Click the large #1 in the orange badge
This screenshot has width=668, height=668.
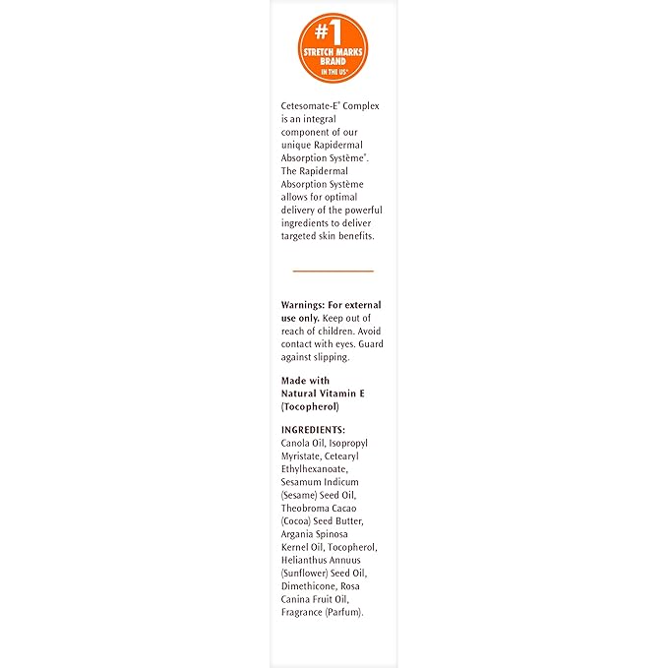coord(333,30)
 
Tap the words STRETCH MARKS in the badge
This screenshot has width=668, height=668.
coord(333,54)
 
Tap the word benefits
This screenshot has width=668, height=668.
coord(352,237)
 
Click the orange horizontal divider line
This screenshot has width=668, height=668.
coord(333,271)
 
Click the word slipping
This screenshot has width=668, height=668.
coord(328,358)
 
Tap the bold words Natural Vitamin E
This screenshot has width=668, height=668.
coord(323,393)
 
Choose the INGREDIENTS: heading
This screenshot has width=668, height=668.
coord(313,430)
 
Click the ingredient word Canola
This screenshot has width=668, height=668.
coord(297,444)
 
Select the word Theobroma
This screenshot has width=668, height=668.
coord(305,509)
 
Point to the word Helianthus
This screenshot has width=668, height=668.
coord(306,560)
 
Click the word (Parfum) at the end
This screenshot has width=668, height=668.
coord(344,612)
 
